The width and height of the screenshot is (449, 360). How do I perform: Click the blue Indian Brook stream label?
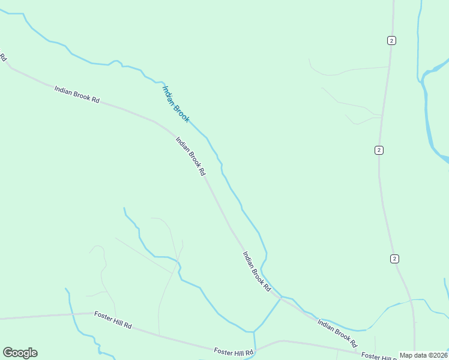click(x=176, y=104)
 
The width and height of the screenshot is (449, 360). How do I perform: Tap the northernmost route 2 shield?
click(x=391, y=40)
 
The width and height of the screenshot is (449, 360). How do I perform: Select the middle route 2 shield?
click(x=379, y=150)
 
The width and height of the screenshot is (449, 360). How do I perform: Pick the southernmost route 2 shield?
click(x=394, y=259)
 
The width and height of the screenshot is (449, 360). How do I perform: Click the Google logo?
click(x=20, y=353)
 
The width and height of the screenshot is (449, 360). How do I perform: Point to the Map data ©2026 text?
click(x=423, y=355)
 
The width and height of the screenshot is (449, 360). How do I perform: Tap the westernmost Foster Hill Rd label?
click(x=112, y=319)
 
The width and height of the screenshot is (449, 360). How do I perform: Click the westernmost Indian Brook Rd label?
click(x=76, y=94)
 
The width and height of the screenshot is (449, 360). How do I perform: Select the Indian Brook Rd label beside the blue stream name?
click(x=190, y=156)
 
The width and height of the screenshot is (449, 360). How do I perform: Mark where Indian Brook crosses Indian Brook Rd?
click(x=280, y=297)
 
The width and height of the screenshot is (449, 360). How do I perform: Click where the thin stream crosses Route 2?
click(x=412, y=300)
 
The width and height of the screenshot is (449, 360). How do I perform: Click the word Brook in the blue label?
click(x=181, y=112)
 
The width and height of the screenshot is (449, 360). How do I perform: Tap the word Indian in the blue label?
click(x=169, y=94)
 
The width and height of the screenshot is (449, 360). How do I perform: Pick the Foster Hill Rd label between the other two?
click(x=234, y=352)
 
